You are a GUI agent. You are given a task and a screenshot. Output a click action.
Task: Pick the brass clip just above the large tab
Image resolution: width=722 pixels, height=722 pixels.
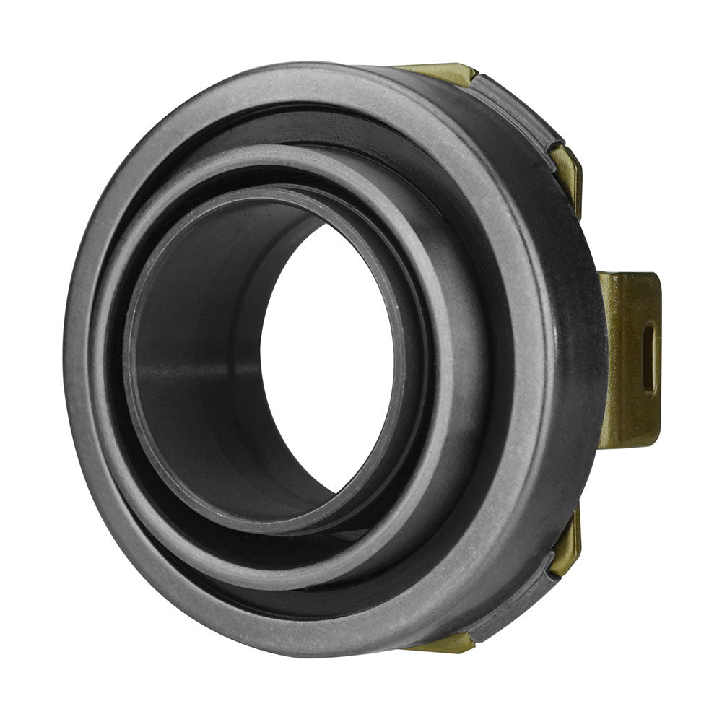(x=567, y=173)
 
